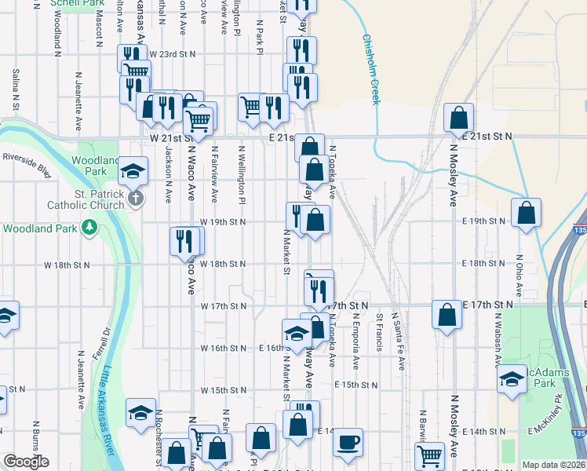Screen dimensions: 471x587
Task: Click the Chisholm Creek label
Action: (x=371, y=69)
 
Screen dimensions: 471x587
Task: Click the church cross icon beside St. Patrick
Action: (x=136, y=197)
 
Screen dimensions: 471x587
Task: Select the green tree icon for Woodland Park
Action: (x=90, y=228)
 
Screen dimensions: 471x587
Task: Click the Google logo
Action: (x=26, y=462)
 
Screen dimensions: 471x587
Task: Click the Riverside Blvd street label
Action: (x=26, y=160)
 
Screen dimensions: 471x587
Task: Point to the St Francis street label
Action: (x=380, y=332)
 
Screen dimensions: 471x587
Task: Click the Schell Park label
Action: (x=77, y=3)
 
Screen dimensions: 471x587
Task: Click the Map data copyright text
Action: (x=554, y=465)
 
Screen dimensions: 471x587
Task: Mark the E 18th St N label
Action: (x=487, y=264)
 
